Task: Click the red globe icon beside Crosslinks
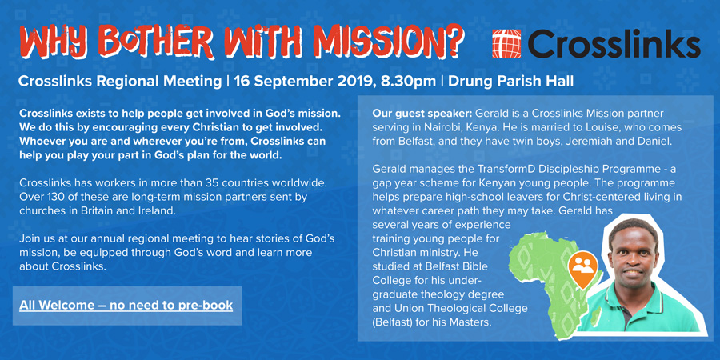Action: pos(506,44)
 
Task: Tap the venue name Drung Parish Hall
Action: pos(510,82)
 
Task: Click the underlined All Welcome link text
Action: pos(126,305)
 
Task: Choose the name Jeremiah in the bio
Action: pos(590,142)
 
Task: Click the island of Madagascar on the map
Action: pos(595,316)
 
